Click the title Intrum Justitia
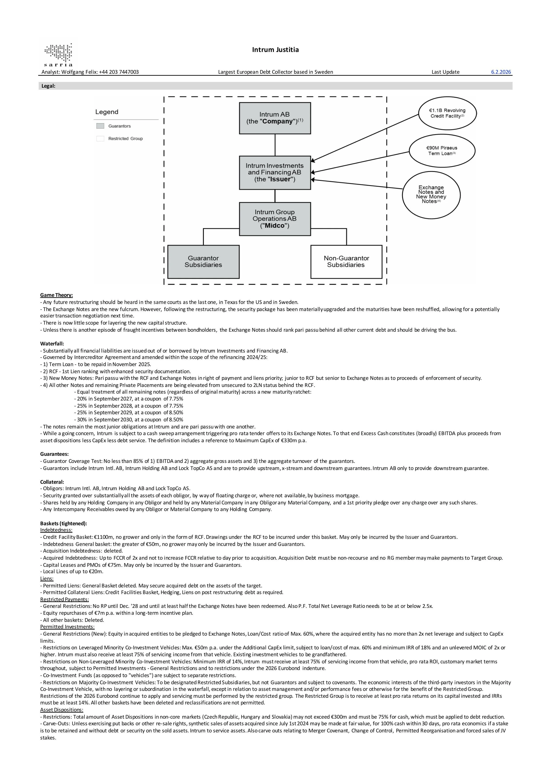[x=275, y=50]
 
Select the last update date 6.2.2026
[x=501, y=72]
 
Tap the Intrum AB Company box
[x=275, y=118]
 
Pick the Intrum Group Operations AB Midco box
[x=275, y=219]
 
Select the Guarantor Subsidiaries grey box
[x=203, y=262]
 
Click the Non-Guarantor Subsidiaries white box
[x=346, y=262]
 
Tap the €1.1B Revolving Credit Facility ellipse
[x=447, y=113]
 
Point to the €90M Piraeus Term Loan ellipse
[x=442, y=151]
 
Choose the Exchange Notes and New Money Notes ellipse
[x=431, y=194]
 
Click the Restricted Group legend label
[x=125, y=139]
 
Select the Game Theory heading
[x=56, y=295]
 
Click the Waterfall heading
[x=52, y=344]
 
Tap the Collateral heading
[x=52, y=482]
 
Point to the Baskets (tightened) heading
[x=64, y=523]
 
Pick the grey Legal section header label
[x=48, y=86]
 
